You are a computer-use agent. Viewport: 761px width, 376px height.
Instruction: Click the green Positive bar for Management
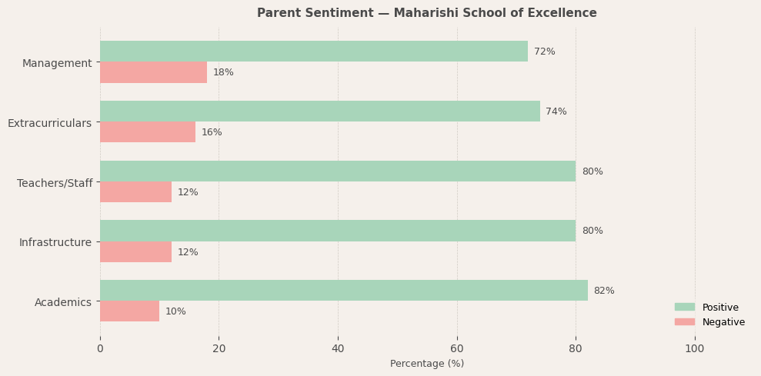pyautogui.click(x=314, y=52)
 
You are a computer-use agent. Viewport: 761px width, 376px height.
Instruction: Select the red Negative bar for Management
pyautogui.click(x=153, y=72)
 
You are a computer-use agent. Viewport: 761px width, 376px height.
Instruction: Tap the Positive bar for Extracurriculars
pyautogui.click(x=320, y=111)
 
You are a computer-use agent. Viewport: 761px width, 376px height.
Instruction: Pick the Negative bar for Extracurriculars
pyautogui.click(x=148, y=132)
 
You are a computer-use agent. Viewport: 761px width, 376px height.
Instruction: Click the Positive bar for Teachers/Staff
pyautogui.click(x=338, y=171)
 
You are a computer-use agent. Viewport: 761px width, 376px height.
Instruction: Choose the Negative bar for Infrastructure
pyautogui.click(x=135, y=252)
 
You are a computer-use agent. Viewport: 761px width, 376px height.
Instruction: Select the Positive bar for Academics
pyautogui.click(x=344, y=291)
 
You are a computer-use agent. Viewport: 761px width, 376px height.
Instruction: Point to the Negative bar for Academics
pyautogui.click(x=129, y=311)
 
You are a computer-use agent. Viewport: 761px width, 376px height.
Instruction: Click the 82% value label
pyautogui.click(x=604, y=291)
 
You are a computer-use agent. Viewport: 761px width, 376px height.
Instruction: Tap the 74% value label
pyautogui.click(x=556, y=111)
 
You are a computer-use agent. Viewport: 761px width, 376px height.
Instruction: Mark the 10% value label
pyautogui.click(x=175, y=311)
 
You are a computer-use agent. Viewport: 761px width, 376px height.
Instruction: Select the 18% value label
pyautogui.click(x=223, y=72)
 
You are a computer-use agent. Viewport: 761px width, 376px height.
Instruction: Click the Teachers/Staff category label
pyautogui.click(x=55, y=183)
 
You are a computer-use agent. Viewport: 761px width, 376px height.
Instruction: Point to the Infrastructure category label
pyautogui.click(x=55, y=242)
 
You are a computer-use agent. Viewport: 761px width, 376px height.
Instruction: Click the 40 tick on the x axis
pyautogui.click(x=338, y=349)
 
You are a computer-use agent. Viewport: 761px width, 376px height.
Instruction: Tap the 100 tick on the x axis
pyautogui.click(x=695, y=349)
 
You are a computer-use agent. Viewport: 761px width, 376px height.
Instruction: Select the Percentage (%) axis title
pyautogui.click(x=427, y=364)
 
